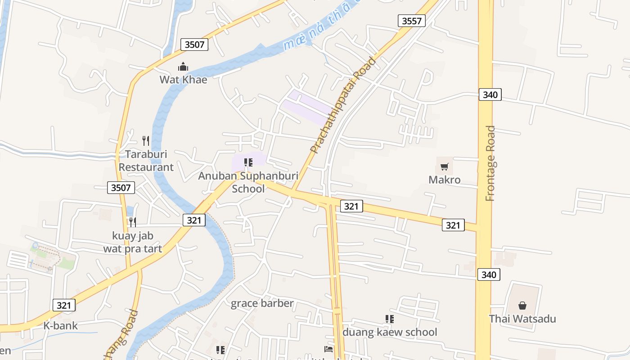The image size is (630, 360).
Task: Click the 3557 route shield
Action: (x=411, y=20)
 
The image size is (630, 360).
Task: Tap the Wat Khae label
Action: (x=183, y=80)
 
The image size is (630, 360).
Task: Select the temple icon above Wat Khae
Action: (x=183, y=67)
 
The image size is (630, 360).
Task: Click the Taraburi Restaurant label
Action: (x=146, y=161)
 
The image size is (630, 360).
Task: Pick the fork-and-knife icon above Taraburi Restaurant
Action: (x=145, y=141)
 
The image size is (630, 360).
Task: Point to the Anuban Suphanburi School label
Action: (x=248, y=182)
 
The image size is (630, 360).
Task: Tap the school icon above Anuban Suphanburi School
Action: (x=248, y=162)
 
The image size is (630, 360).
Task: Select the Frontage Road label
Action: (x=490, y=163)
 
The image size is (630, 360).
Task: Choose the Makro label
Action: (x=444, y=180)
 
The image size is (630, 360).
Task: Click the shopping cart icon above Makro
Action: (x=444, y=167)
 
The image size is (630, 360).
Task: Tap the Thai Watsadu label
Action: (x=522, y=319)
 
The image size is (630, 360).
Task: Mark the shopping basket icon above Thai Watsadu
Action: (x=522, y=306)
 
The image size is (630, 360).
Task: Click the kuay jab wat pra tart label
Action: (x=133, y=242)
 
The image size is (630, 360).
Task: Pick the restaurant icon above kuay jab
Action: (x=132, y=222)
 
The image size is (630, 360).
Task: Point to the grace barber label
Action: (x=262, y=303)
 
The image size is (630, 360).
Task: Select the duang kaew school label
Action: (x=390, y=332)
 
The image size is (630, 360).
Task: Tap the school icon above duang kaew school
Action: (x=390, y=319)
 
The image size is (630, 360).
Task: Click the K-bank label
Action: (x=60, y=326)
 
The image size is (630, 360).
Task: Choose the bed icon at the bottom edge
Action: (x=328, y=349)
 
